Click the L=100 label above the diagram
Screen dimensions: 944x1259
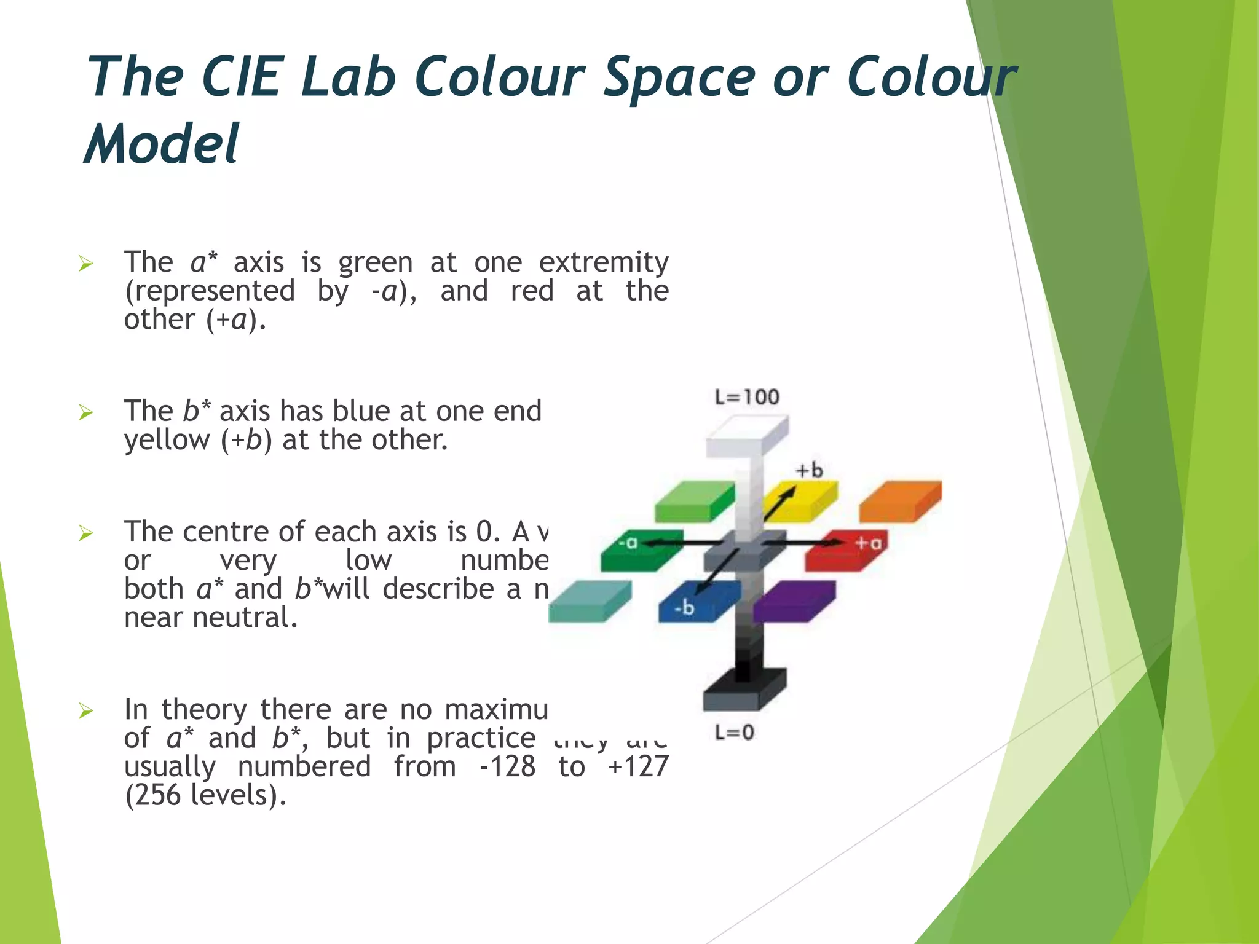click(x=747, y=397)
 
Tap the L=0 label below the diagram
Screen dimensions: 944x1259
click(x=735, y=732)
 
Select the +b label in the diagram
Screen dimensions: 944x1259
click(x=809, y=470)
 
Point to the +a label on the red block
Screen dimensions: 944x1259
click(x=869, y=543)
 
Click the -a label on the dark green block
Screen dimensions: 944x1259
click(x=628, y=543)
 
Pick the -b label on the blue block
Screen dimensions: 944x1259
click(x=684, y=608)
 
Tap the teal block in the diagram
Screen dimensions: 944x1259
click(x=589, y=602)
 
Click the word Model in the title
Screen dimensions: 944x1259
click(x=161, y=144)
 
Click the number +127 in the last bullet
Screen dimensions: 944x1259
click(x=637, y=767)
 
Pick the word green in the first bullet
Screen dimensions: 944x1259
click(x=375, y=263)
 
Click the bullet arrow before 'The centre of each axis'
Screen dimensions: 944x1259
click(x=85, y=533)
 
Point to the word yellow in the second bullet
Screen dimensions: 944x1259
click(x=167, y=440)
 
